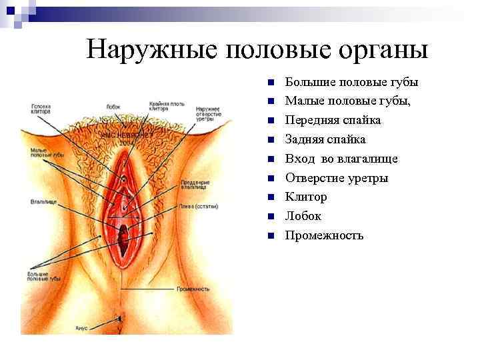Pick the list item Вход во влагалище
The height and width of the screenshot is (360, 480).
click(341, 159)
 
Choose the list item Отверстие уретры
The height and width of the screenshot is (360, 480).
click(337, 178)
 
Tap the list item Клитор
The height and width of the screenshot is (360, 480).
click(306, 197)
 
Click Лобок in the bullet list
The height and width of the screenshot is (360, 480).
click(303, 216)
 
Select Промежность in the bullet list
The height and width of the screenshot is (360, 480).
click(324, 235)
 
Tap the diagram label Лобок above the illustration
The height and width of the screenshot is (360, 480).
click(113, 106)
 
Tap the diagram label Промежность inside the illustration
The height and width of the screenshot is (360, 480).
click(193, 289)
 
